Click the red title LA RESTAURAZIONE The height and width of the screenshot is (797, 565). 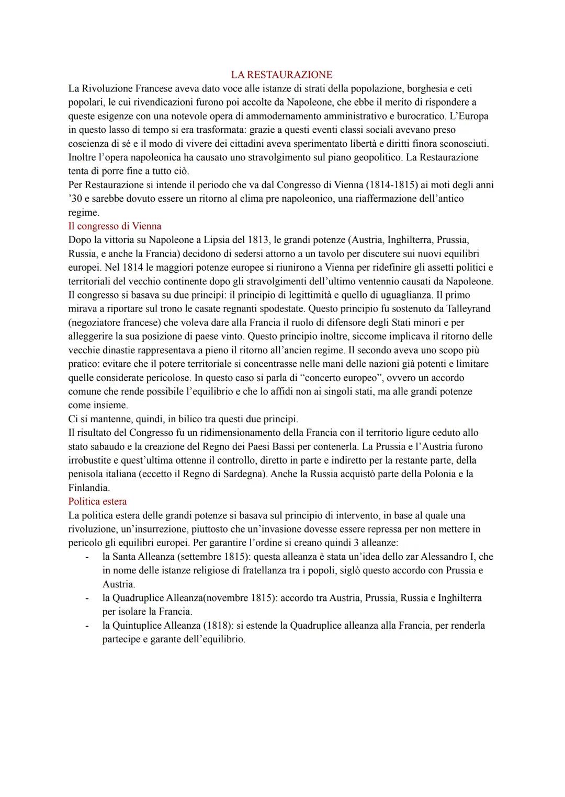coord(282,75)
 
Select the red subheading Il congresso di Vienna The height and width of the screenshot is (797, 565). coord(115,226)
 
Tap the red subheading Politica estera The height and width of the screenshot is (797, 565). coord(97,502)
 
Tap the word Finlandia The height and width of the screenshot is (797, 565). coord(88,488)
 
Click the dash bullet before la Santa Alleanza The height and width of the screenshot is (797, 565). coord(87,557)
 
